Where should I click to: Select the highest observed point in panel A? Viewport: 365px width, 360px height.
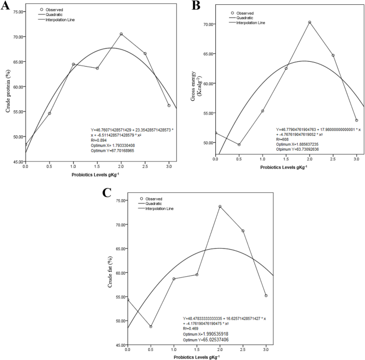pos(121,34)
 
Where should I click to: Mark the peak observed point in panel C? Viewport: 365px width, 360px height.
pos(220,207)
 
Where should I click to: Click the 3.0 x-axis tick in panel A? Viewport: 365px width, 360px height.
pos(169,166)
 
